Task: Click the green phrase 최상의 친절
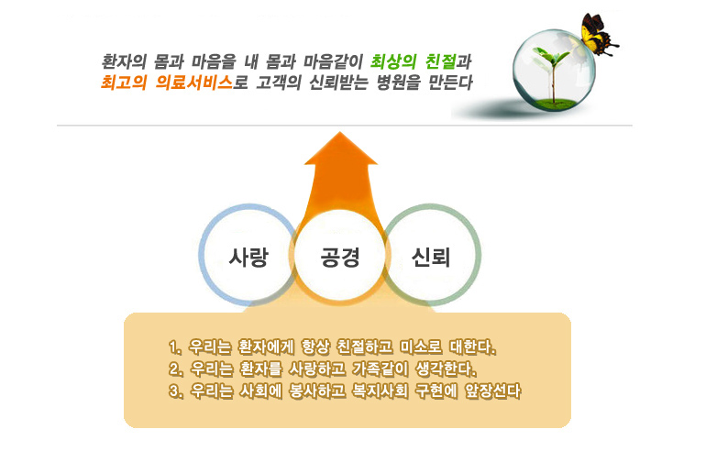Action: (x=413, y=61)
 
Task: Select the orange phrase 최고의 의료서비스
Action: (x=167, y=82)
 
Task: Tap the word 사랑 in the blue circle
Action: (x=248, y=257)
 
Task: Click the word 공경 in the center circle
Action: (x=340, y=257)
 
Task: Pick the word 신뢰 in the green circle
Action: (x=431, y=257)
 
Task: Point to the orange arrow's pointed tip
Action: (x=340, y=132)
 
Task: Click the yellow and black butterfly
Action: (x=597, y=34)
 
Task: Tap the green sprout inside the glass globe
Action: (x=552, y=72)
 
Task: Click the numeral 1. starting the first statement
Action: (x=175, y=347)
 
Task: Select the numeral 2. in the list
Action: (x=176, y=369)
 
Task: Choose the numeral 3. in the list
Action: (x=176, y=390)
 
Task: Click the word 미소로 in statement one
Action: (x=422, y=347)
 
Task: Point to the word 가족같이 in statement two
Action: (x=381, y=369)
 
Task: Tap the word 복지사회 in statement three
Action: (x=381, y=390)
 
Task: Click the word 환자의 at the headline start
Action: (x=124, y=61)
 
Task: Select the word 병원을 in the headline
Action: (x=399, y=82)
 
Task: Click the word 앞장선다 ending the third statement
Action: (x=493, y=390)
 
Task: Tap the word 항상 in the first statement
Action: (x=315, y=347)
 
